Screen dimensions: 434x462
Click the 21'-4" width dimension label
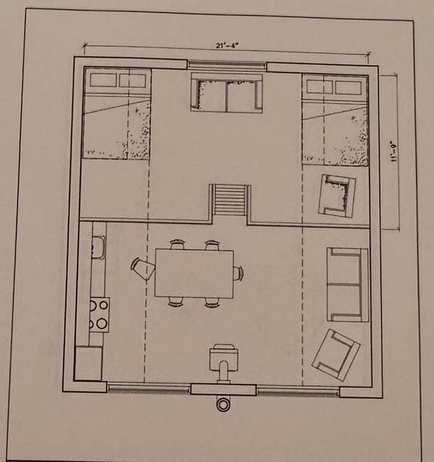(226, 46)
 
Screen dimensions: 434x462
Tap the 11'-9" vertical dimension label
(393, 153)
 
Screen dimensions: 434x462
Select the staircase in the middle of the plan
(230, 200)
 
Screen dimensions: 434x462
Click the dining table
(195, 273)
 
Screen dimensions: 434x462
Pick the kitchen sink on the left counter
(98, 247)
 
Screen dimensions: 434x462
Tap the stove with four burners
(99, 315)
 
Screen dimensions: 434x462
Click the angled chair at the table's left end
(142, 268)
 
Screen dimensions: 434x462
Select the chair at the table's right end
(238, 273)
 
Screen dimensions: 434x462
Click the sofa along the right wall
(348, 285)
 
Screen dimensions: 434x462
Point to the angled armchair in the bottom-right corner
(336, 354)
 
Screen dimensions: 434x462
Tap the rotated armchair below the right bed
(336, 196)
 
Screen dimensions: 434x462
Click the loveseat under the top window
(226, 93)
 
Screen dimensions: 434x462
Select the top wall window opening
(226, 64)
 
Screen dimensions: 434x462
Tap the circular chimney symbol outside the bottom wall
(224, 405)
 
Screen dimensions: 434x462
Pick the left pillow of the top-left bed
(103, 80)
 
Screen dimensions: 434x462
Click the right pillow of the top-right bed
(349, 87)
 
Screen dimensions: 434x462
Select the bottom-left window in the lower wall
(148, 388)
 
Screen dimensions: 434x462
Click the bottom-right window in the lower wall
(298, 391)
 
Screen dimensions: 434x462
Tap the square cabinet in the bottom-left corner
(89, 363)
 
